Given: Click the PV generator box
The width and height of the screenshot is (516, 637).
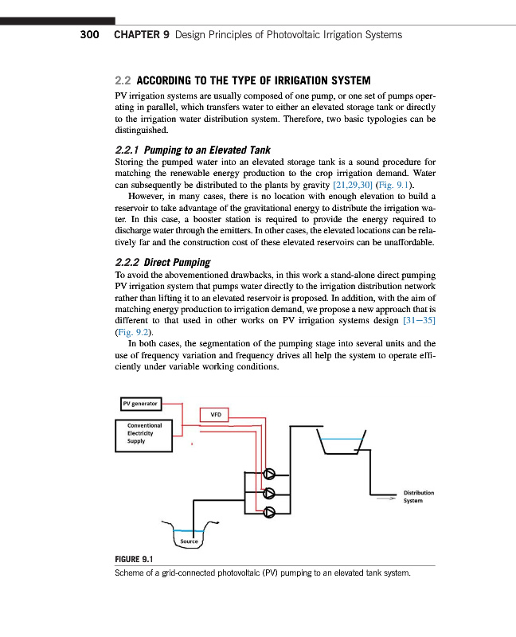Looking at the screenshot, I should (140, 404).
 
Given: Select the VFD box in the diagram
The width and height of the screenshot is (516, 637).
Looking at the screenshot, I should (215, 414).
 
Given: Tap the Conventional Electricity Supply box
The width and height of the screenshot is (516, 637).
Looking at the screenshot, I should (144, 435).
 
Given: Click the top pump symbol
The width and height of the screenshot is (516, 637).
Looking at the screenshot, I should (269, 472).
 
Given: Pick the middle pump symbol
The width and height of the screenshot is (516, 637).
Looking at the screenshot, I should (269, 491).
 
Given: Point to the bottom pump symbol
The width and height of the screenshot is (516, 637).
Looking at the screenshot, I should (269, 511).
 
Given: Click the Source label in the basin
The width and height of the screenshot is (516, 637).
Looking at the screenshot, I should (189, 541).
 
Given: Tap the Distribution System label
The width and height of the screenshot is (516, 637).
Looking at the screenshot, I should (418, 497).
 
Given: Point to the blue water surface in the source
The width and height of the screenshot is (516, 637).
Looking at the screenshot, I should (189, 531).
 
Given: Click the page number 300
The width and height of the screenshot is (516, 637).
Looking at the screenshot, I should (89, 35).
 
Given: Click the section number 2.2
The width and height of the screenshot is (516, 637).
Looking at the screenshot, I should (123, 81).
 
